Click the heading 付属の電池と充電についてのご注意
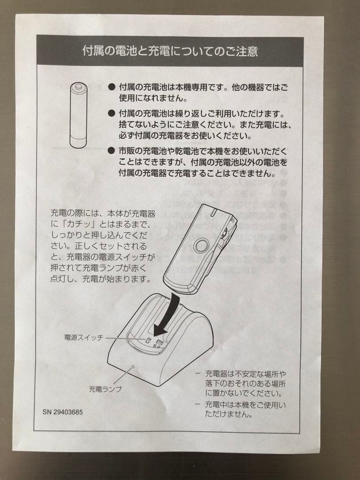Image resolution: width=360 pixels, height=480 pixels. point(170,51)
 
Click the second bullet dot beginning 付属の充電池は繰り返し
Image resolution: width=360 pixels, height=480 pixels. point(111,114)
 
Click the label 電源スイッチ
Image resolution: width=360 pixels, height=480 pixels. point(84,338)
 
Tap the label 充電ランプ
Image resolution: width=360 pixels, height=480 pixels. point(105,389)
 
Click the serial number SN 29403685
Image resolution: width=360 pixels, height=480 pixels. point(63,412)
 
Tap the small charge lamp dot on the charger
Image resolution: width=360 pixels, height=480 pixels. point(133,367)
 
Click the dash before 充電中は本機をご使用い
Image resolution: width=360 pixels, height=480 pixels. point(197,404)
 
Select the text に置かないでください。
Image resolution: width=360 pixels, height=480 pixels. point(244,393)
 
